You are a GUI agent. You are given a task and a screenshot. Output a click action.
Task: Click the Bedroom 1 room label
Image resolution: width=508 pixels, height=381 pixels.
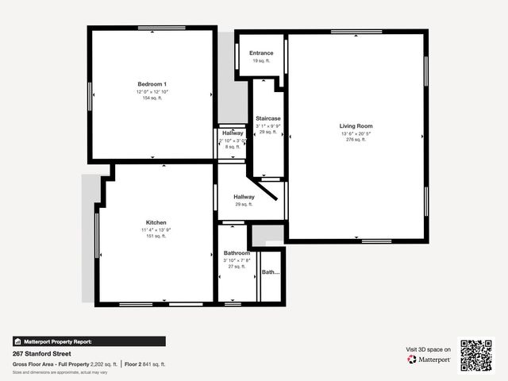152,84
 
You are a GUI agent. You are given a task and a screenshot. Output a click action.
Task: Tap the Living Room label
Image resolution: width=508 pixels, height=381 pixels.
356,126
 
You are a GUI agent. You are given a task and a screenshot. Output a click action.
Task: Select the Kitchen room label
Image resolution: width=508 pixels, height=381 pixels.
156,222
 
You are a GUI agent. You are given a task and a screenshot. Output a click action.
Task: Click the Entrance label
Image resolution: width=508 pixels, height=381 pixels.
261,53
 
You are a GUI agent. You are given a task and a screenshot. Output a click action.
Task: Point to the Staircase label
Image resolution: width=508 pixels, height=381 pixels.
267,118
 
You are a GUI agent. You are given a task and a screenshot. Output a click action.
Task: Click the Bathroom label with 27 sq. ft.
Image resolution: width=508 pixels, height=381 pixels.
237,253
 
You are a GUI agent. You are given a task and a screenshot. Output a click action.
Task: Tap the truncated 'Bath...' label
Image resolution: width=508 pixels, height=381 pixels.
271,272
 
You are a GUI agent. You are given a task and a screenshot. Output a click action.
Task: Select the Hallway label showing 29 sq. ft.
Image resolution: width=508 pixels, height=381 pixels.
244,197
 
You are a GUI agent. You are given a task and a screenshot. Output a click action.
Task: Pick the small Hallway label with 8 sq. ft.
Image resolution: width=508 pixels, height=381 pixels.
233,133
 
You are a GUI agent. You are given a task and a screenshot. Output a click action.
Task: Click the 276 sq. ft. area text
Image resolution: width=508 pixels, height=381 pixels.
356,140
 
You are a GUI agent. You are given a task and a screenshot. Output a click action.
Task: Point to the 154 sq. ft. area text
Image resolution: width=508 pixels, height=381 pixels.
152,98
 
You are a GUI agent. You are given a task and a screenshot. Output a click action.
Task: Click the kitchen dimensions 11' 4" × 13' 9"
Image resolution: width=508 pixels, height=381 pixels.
156,229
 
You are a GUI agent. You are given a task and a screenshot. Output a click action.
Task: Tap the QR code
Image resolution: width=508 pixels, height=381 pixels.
476,355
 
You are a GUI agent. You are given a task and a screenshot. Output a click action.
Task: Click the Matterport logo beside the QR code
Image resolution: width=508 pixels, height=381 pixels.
429,360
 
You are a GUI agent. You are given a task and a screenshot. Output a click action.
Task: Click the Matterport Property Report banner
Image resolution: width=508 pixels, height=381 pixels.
89,341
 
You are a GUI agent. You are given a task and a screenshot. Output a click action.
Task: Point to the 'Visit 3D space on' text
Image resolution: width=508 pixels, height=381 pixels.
429,349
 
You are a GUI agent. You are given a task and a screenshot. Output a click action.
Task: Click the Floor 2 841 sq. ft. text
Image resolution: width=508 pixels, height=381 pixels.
145,364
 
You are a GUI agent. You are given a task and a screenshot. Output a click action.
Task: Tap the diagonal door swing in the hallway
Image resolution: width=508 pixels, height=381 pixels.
266,190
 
